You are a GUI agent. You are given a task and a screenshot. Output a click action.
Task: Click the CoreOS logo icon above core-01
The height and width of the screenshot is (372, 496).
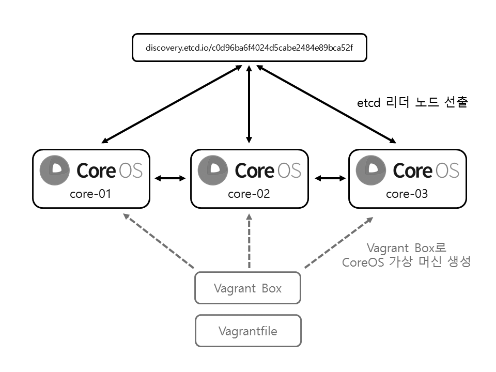(55, 169)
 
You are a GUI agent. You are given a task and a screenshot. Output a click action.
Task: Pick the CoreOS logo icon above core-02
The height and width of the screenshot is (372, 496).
(213, 169)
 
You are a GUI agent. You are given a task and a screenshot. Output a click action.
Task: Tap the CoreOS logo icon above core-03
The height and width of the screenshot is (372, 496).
(371, 169)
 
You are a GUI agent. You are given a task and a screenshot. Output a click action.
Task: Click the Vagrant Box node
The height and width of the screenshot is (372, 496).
(247, 288)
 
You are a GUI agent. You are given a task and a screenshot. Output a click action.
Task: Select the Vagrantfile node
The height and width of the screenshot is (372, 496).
(247, 331)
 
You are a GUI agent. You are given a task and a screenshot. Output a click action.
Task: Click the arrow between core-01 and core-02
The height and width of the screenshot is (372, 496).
(170, 178)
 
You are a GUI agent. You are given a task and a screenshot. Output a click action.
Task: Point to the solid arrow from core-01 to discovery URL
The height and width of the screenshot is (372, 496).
(172, 104)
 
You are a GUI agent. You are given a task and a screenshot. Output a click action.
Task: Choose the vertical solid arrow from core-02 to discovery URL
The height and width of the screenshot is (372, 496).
(250, 104)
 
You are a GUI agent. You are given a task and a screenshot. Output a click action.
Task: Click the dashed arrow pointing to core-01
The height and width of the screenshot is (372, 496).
(159, 241)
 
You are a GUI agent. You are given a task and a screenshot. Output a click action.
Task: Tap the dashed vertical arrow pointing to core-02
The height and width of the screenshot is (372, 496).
(250, 241)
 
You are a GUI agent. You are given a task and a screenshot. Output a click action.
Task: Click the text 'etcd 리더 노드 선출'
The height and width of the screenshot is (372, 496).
(412, 103)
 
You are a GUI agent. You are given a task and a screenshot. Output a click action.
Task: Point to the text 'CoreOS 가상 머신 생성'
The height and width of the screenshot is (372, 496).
(407, 262)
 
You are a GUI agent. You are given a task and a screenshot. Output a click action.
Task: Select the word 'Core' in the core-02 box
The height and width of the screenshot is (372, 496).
(254, 170)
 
